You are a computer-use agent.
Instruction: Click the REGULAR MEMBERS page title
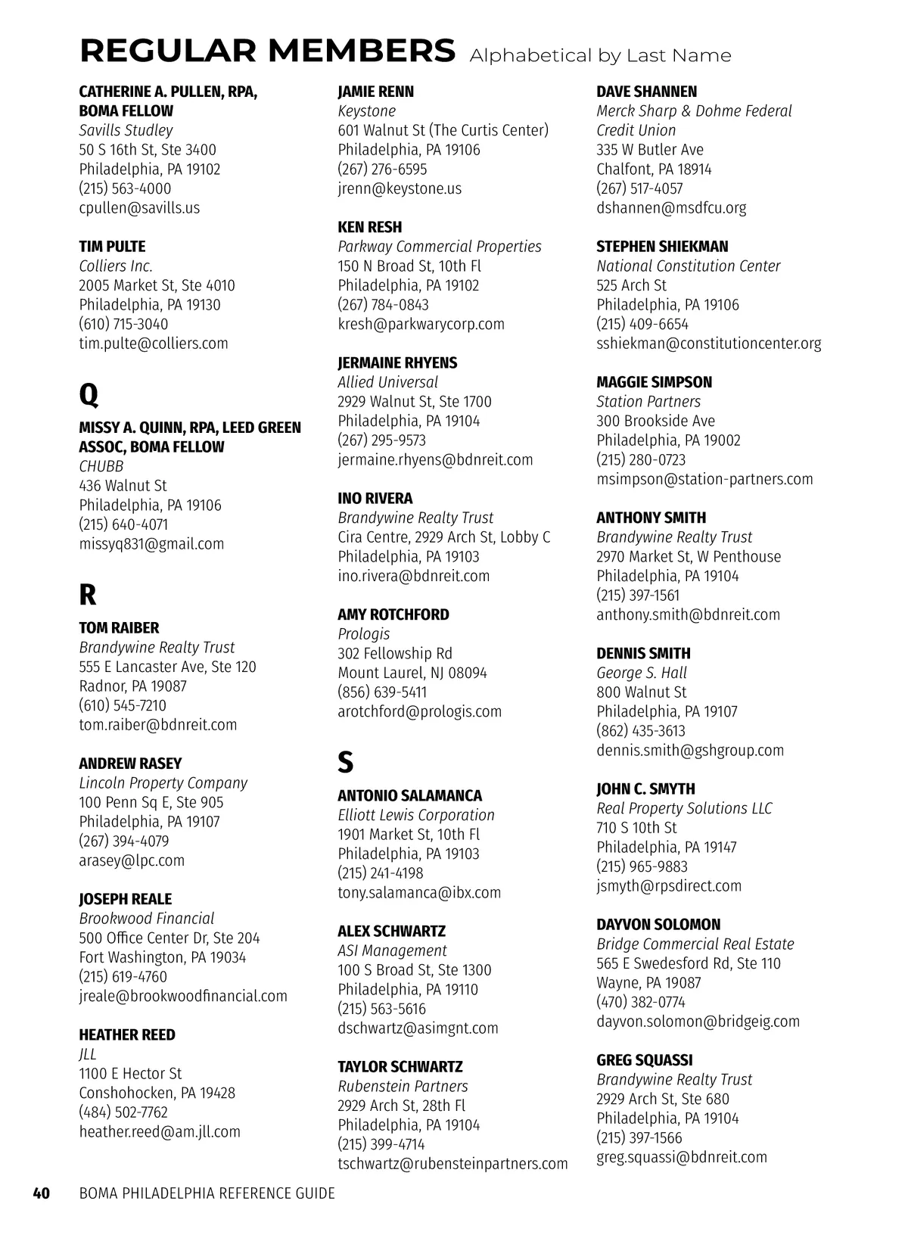click(267, 51)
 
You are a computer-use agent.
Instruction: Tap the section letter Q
click(89, 394)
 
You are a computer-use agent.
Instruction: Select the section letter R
click(88, 595)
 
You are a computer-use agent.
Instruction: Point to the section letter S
click(345, 762)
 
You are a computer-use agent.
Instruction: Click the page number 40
click(41, 1193)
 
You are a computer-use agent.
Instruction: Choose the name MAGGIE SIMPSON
click(654, 382)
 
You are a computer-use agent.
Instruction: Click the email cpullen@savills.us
click(139, 207)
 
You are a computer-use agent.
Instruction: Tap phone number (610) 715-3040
click(123, 324)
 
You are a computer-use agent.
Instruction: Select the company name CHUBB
click(101, 466)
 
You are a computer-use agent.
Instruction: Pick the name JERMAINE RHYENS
click(397, 362)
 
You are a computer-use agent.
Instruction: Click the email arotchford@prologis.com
click(419, 711)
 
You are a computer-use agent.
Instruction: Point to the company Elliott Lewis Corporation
click(415, 815)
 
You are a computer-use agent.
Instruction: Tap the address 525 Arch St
click(631, 285)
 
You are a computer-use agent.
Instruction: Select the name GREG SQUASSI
click(644, 1060)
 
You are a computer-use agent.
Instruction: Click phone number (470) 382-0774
click(640, 1002)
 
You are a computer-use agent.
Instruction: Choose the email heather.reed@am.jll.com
click(160, 1131)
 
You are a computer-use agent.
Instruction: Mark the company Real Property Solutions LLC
click(684, 808)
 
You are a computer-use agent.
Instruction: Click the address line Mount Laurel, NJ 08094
click(412, 673)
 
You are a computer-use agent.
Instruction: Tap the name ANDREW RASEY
click(130, 764)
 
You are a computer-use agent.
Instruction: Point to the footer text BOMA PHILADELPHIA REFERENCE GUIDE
click(207, 1193)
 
